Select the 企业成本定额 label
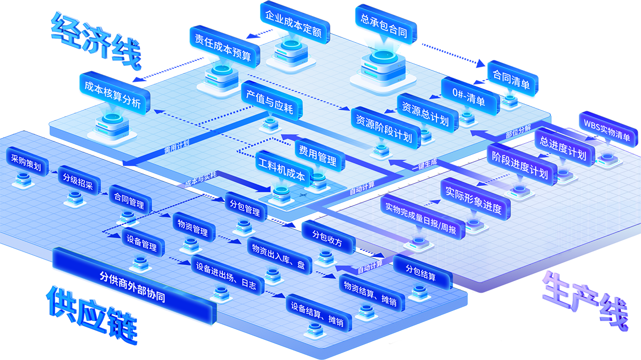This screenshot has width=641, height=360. tap(293, 32)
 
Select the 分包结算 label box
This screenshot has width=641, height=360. tap(421, 271)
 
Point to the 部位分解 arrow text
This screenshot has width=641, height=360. tap(518, 130)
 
